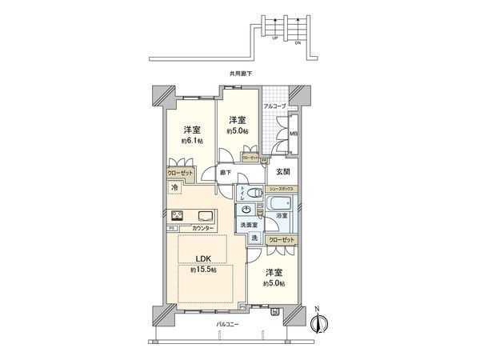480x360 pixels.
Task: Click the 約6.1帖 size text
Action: (x=190, y=141)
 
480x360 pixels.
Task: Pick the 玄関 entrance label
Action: (x=283, y=170)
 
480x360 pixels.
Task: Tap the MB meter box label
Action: (x=293, y=134)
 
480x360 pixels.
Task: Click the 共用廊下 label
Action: (x=240, y=74)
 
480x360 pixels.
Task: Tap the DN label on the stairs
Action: (x=298, y=42)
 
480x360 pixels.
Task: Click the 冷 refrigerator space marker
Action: (x=174, y=187)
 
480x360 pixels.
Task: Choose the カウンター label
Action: (x=202, y=228)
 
